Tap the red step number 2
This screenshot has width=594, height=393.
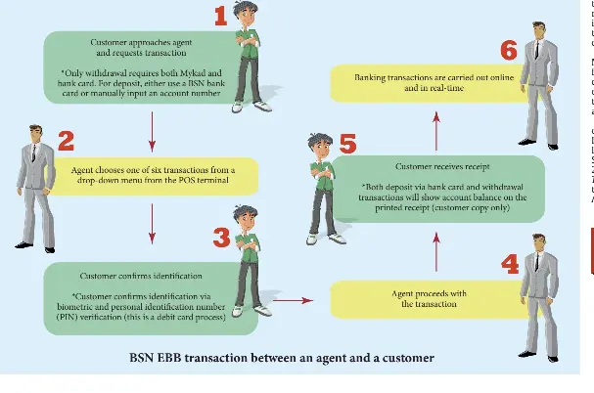tap(66, 142)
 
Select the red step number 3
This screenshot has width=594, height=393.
tap(221, 237)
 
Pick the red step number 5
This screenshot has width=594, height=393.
tap(347, 145)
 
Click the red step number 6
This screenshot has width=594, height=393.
tap(508, 50)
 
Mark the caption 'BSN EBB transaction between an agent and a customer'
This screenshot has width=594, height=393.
tap(282, 358)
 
